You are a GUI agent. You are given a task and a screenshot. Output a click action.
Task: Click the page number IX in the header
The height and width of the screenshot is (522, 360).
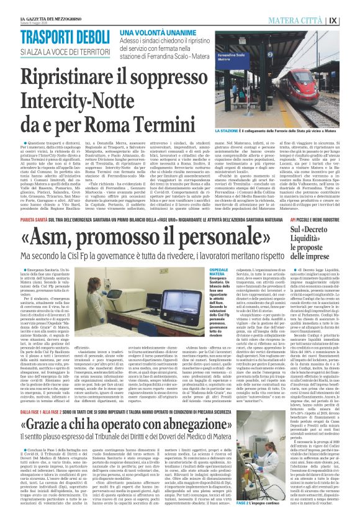350,19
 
